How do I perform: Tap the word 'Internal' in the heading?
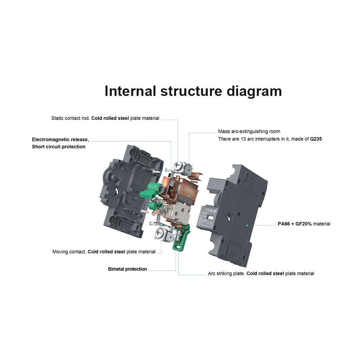[x=130, y=91]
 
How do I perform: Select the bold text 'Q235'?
[x=316, y=139]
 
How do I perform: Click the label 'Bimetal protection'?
[x=127, y=269]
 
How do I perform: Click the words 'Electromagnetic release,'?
[x=60, y=139]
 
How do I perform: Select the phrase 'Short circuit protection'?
[x=59, y=147]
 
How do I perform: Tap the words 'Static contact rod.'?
[x=70, y=118]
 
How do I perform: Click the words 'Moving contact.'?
[x=69, y=252]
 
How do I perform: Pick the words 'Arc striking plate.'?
[x=227, y=273]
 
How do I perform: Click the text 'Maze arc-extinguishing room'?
[x=249, y=131]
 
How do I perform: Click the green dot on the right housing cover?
[x=247, y=225]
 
